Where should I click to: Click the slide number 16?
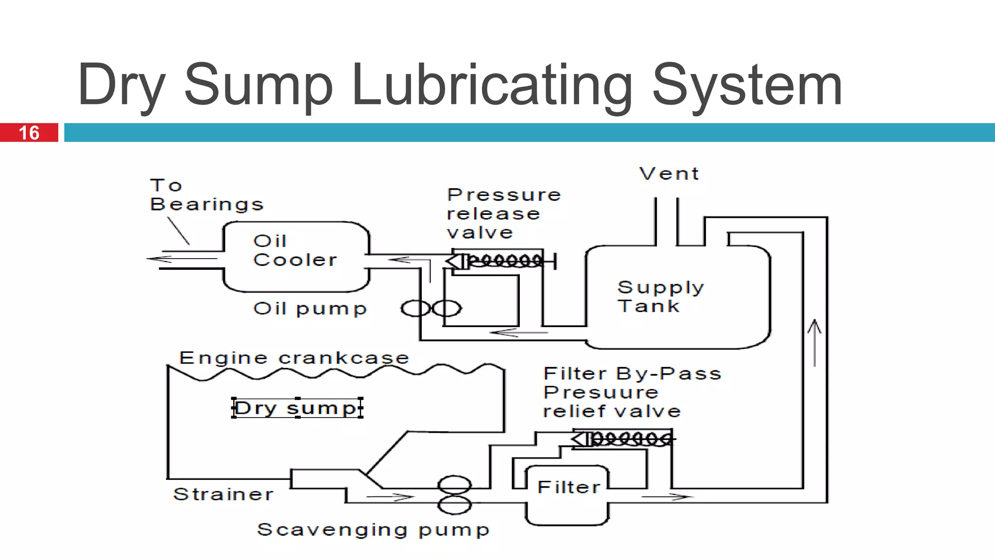[29, 133]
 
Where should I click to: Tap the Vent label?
[669, 174]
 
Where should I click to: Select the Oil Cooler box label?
[294, 250]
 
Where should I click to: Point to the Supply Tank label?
[660, 297]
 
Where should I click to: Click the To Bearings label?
[206, 195]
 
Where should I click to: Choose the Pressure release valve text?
[503, 214]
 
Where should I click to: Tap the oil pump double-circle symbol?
[430, 308]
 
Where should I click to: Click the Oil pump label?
[310, 309]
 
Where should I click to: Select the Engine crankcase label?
[294, 358]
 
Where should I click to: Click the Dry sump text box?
[297, 408]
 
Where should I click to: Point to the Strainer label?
[223, 494]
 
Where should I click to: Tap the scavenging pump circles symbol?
[454, 494]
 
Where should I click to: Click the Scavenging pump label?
[373, 530]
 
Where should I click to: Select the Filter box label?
[568, 487]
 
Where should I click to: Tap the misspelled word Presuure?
[600, 392]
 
